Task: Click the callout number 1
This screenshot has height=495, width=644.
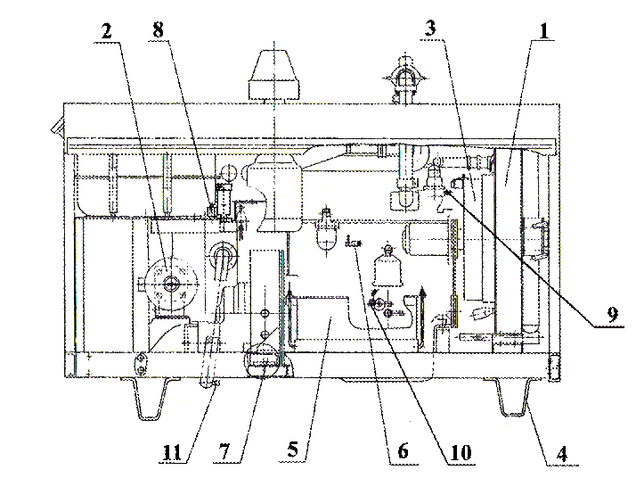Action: [x=543, y=31]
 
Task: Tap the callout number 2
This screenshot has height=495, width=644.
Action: [x=106, y=31]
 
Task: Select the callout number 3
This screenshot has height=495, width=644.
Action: [x=430, y=29]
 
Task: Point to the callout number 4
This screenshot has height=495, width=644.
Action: [x=562, y=454]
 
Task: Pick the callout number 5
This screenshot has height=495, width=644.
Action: [x=292, y=450]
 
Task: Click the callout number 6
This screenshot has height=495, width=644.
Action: [x=403, y=451]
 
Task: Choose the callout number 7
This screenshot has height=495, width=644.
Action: [x=224, y=452]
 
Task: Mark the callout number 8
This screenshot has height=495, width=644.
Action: [x=158, y=30]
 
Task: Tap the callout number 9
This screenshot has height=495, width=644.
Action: [x=612, y=315]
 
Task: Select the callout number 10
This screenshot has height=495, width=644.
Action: [x=461, y=453]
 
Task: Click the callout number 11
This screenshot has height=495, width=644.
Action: [x=172, y=453]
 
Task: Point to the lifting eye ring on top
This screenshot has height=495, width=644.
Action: [x=405, y=77]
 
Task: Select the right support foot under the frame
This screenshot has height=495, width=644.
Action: [x=512, y=397]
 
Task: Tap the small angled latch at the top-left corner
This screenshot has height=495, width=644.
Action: [x=58, y=126]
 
